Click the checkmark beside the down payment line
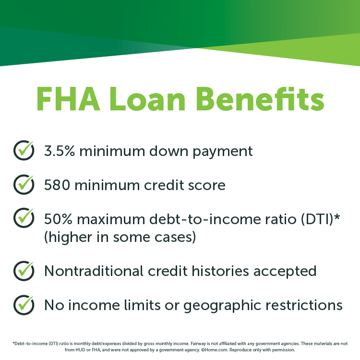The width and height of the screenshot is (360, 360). [24, 150]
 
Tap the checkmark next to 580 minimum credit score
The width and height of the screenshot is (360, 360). [24, 184]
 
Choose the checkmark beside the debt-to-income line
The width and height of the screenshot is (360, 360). [24, 218]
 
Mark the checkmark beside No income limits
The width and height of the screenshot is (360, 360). [24, 304]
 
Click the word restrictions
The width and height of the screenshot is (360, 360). [305, 305]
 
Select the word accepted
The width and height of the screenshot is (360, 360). [288, 272]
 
